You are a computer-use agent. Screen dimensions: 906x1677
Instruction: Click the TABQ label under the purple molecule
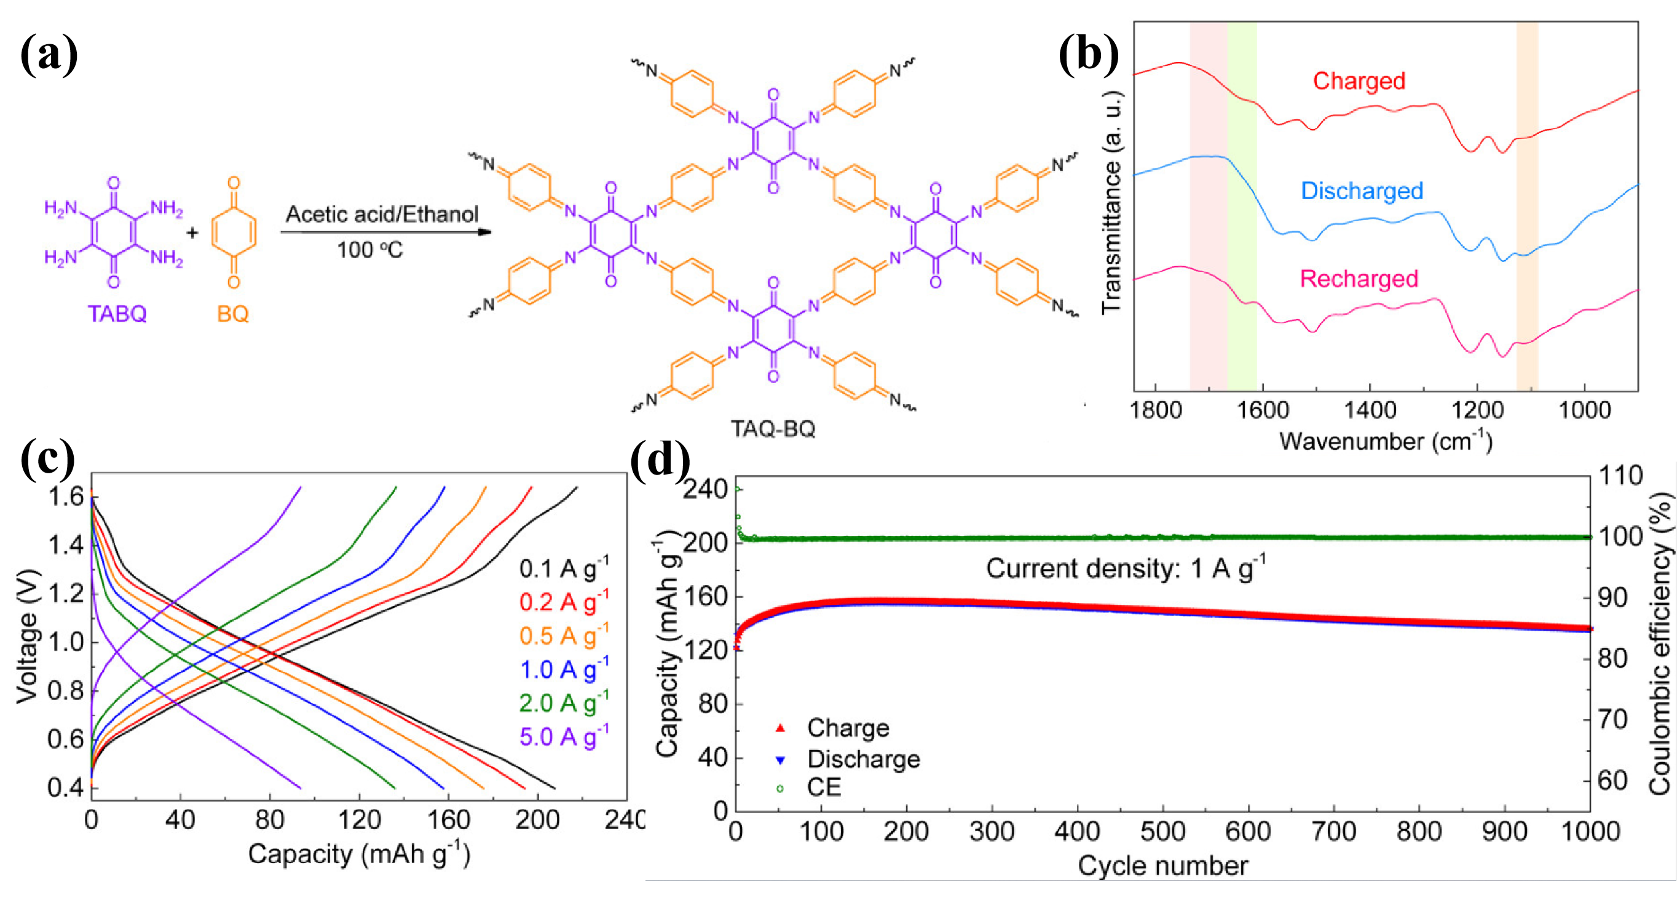coord(117,313)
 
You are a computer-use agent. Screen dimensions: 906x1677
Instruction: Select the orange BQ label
coord(233,313)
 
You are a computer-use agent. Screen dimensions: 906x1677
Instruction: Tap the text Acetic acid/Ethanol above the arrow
coord(382,214)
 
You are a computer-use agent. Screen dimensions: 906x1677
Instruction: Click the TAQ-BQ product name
coord(773,429)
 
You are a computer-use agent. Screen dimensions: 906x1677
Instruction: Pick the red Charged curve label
coord(1359,81)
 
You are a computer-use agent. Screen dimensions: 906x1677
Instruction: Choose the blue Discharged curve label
coord(1362,191)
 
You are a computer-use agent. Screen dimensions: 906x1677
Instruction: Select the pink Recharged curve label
coord(1359,278)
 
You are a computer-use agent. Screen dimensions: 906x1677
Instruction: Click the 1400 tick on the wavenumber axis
coord(1370,411)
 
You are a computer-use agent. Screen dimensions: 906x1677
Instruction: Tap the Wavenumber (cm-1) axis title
coord(1386,441)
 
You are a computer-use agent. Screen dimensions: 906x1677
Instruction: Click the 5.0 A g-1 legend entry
coord(564,737)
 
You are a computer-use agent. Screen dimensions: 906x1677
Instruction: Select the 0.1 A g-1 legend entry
coord(564,568)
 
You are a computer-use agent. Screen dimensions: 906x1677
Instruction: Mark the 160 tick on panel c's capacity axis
coord(449,820)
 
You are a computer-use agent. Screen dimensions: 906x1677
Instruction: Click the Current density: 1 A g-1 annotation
coord(1126,568)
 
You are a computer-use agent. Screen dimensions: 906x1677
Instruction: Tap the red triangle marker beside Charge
coord(780,728)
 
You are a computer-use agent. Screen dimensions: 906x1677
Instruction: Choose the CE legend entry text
coord(824,787)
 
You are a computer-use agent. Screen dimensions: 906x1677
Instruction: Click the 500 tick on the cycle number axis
coord(1162,832)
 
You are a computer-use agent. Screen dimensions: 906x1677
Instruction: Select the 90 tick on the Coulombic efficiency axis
coord(1617,598)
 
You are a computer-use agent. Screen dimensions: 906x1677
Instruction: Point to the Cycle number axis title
coord(1162,865)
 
